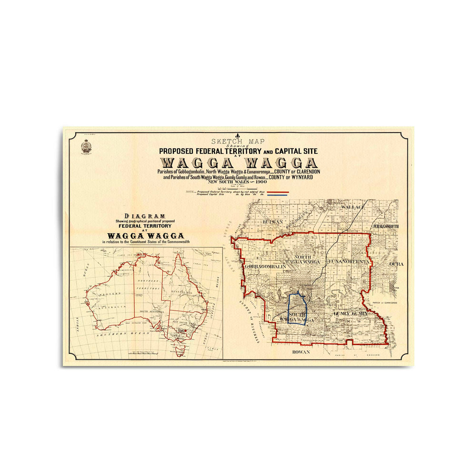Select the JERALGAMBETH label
click(385, 226)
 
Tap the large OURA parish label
click(396, 264)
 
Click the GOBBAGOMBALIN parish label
click(266, 267)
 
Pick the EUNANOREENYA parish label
click(349, 262)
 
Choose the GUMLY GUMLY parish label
click(350, 313)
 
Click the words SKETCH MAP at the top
click(238, 141)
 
